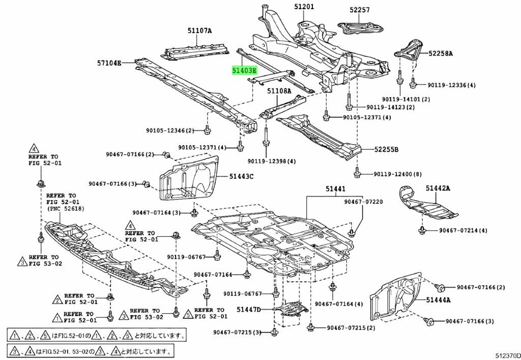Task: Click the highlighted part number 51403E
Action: click(244, 70)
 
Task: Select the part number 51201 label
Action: click(304, 7)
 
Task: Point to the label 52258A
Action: click(440, 53)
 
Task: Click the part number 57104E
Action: click(109, 64)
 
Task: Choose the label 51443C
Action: click(241, 177)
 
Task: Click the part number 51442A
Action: click(439, 188)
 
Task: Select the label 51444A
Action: click(439, 300)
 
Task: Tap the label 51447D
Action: click(248, 309)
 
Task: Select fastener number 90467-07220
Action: click(363, 202)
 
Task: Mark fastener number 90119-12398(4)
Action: click(272, 161)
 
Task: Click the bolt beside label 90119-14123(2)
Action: click(349, 107)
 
